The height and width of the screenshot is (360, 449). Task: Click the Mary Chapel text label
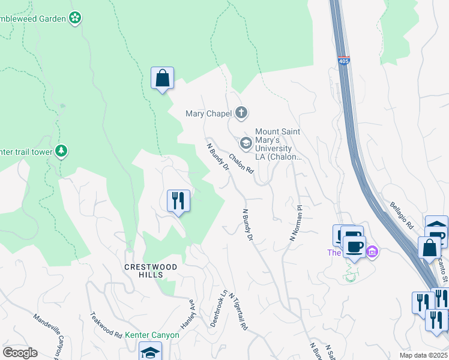click(x=208, y=113)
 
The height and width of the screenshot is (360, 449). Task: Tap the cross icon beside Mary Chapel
click(x=241, y=112)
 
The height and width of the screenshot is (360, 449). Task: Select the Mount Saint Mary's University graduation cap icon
click(x=246, y=143)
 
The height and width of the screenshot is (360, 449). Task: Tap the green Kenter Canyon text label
click(x=152, y=335)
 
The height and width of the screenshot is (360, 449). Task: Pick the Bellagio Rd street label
click(x=402, y=215)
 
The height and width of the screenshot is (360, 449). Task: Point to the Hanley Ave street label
click(x=192, y=310)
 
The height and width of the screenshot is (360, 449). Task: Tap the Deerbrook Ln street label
click(x=219, y=309)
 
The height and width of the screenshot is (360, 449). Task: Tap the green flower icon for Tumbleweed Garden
click(x=75, y=18)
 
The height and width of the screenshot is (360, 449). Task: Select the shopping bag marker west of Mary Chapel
click(x=162, y=79)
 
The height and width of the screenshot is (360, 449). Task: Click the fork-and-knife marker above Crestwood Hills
click(x=178, y=200)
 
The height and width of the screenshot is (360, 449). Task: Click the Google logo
click(x=20, y=353)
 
